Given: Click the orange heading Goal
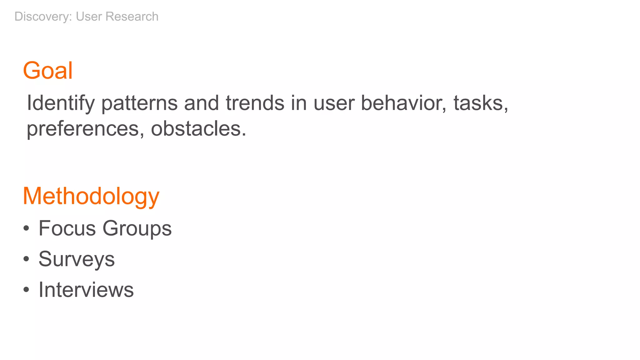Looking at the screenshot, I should [48, 71].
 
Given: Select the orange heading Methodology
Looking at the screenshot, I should [91, 196].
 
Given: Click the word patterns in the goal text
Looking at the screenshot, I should [139, 103].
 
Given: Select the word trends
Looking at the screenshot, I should [255, 103].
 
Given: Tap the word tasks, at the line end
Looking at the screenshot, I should [481, 103].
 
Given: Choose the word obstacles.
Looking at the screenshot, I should [198, 129].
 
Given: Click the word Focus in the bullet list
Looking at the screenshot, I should [67, 228].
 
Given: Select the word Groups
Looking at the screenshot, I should [137, 229].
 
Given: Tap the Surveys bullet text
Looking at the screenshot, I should [77, 259].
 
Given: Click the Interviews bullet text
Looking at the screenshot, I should [86, 290].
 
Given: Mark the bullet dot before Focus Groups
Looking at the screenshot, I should [26, 229].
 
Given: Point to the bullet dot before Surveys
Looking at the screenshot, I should [26, 259].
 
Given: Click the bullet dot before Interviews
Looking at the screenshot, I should [26, 290].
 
